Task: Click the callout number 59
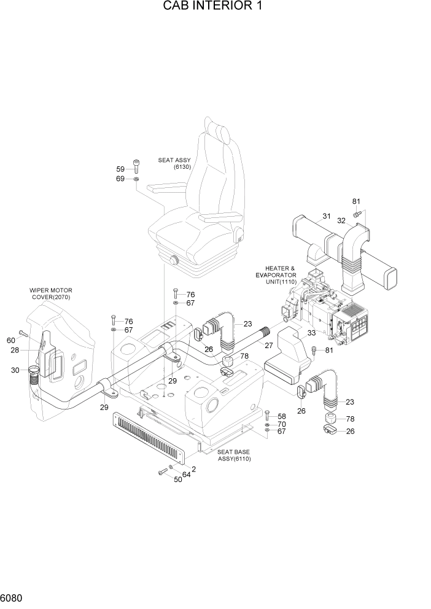(x=120, y=169)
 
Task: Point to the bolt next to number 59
(x=136, y=166)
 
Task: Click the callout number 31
(x=327, y=215)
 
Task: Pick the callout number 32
(x=341, y=220)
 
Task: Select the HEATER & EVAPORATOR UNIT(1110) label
(x=276, y=274)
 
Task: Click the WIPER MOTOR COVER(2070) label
(x=51, y=293)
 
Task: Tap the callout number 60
(x=10, y=341)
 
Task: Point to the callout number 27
(x=268, y=346)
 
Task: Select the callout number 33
(x=311, y=333)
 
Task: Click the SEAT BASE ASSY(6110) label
(x=234, y=455)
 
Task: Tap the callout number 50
(x=177, y=479)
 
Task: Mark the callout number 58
(x=282, y=416)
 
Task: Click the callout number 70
(x=282, y=424)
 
